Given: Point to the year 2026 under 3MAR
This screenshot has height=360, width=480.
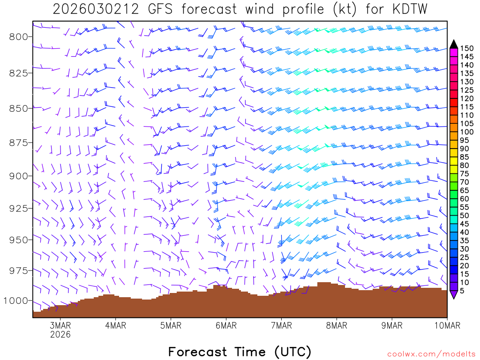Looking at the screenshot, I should pyautogui.click(x=60, y=334).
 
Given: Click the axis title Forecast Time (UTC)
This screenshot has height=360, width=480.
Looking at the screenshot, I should pyautogui.click(x=240, y=352).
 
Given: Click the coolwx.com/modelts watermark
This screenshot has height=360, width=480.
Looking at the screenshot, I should pyautogui.click(x=431, y=353).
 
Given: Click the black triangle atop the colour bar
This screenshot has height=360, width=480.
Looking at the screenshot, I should pyautogui.click(x=454, y=44).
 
